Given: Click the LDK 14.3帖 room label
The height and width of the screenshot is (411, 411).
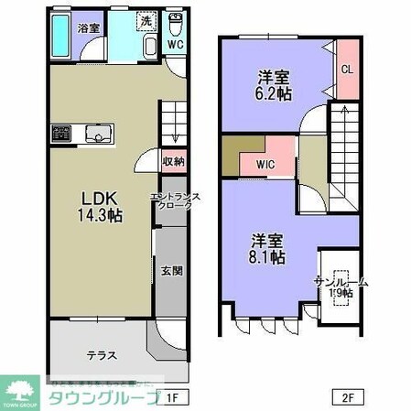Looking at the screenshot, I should pos(102,207).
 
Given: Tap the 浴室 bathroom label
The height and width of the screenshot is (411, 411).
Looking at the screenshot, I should pos(88,28).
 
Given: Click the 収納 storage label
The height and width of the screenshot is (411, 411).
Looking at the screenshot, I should pos(173,162).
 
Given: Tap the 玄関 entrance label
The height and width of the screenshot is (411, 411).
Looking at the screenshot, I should pos(172,270).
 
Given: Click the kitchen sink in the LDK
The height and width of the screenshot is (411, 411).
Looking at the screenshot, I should pos(97,134).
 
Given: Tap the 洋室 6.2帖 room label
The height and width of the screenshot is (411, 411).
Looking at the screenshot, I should pos(272,84).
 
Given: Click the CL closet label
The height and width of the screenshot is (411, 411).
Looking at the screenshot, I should pos(347,68).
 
